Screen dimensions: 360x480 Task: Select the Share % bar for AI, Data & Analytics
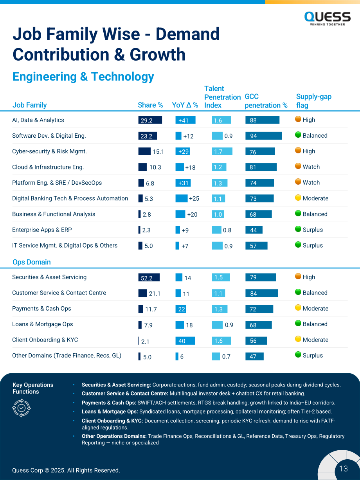[150, 120]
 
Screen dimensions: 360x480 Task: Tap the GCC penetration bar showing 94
[263, 136]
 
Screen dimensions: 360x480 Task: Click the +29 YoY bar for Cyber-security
[182, 151]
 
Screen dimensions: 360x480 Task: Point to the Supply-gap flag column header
[314, 101]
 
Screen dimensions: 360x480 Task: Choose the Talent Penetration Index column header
[222, 97]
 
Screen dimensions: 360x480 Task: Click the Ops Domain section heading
[31, 262]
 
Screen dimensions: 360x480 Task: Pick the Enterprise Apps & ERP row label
[42, 230]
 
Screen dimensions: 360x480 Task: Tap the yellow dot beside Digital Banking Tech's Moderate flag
[298, 198]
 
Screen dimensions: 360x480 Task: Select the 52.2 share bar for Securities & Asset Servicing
[149, 277]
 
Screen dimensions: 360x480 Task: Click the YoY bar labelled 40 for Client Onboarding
[185, 341]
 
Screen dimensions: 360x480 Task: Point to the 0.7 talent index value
[226, 357]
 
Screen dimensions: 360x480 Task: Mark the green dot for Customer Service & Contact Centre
[298, 292]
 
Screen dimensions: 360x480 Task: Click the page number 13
[344, 469]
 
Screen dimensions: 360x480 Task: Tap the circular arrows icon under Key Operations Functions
[22, 408]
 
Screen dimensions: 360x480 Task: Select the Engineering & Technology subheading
[83, 77]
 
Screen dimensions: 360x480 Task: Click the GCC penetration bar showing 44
[254, 230]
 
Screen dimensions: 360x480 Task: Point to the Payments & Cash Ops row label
[41, 308]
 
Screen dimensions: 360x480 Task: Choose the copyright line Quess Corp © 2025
[66, 470]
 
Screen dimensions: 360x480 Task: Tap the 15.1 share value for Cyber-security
[158, 152]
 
